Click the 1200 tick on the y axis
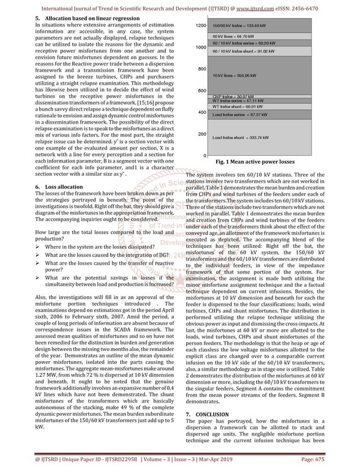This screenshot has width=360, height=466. [200, 26]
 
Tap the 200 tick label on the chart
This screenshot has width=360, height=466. [201, 134]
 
